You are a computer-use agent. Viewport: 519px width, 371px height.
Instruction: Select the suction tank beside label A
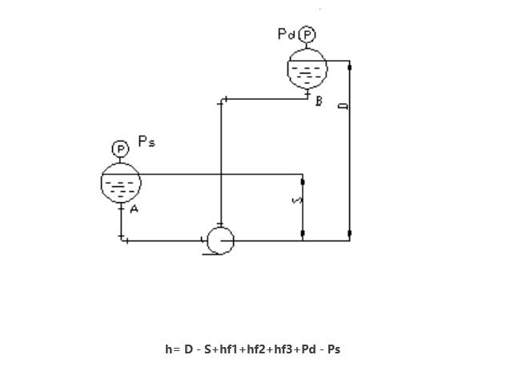pyautogui.click(x=121, y=183)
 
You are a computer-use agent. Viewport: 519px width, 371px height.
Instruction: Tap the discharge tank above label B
pyautogui.click(x=307, y=69)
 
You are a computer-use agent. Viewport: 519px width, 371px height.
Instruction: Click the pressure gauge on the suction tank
pyautogui.click(x=120, y=149)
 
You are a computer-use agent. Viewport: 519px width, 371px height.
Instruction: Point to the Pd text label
pyautogui.click(x=285, y=34)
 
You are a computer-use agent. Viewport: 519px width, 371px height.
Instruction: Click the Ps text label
pyautogui.click(x=147, y=142)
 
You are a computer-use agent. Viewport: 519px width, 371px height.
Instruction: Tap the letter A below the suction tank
pyautogui.click(x=135, y=209)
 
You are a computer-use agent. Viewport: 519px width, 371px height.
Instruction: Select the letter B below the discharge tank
pyautogui.click(x=319, y=102)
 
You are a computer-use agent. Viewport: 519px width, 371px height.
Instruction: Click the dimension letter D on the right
pyautogui.click(x=344, y=106)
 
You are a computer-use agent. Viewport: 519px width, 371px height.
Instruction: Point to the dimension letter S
pyautogui.click(x=296, y=201)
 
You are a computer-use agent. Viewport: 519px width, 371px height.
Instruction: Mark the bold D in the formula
pyautogui.click(x=189, y=349)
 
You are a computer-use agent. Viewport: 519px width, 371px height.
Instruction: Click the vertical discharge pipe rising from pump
pyautogui.click(x=220, y=160)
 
